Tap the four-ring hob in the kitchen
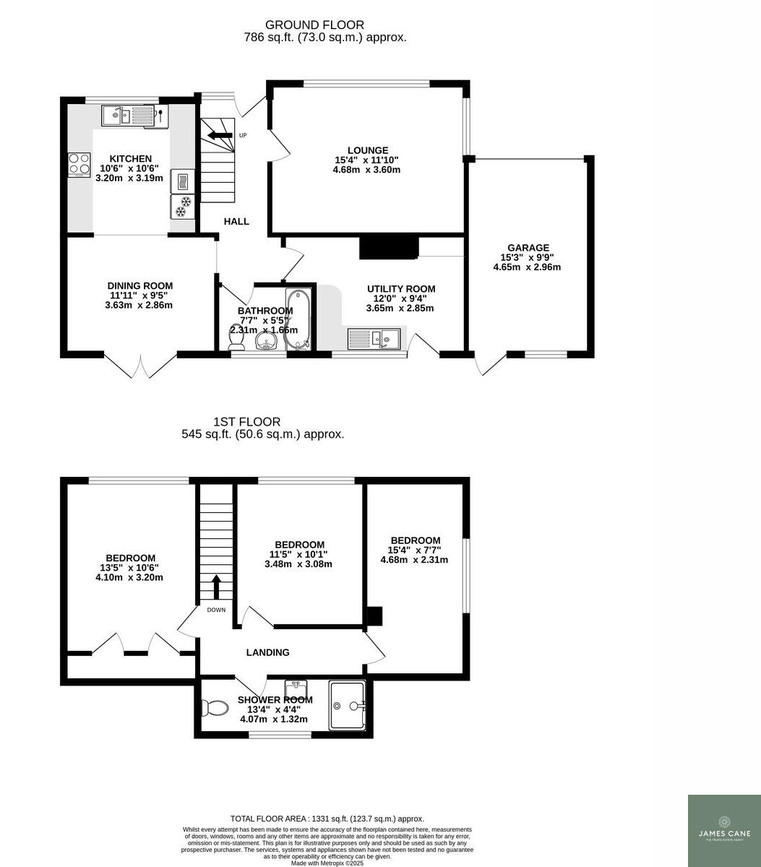tap(79, 165)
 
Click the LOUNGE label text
tap(367, 150)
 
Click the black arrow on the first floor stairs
tap(216, 586)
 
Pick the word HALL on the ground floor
tap(236, 221)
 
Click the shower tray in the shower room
tap(348, 705)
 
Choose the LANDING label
tap(267, 652)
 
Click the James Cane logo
tap(724, 830)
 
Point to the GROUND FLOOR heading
tap(314, 25)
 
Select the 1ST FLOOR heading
tap(247, 422)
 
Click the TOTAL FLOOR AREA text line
tap(327, 819)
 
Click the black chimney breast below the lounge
tap(389, 246)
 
